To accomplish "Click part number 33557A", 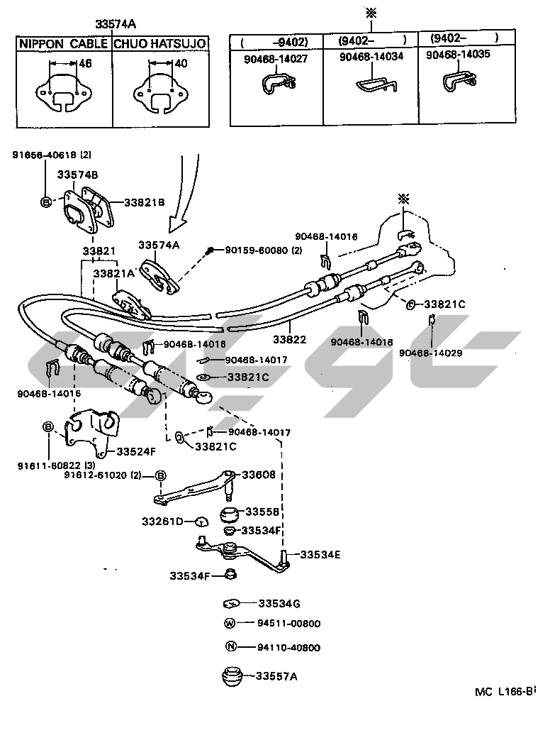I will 276,676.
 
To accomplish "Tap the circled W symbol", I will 229,624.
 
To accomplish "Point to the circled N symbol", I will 229,646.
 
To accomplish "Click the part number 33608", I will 259,474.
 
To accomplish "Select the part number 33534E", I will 320,554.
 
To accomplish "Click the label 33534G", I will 279,603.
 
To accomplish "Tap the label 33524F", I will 137,451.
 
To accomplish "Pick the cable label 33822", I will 289,340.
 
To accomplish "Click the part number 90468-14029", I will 430,353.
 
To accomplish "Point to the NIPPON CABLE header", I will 62,43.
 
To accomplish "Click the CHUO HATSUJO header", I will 160,43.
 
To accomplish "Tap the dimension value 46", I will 85,64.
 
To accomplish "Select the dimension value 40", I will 181,64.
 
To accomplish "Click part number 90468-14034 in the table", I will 371,57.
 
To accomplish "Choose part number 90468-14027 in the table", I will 276,59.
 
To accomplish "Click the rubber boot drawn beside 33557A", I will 230,675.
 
